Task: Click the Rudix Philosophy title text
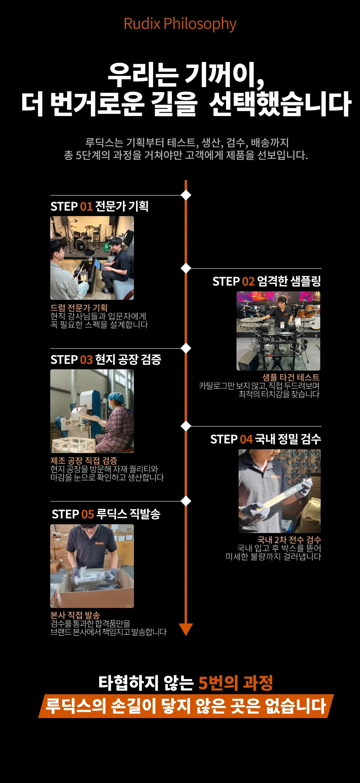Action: pos(180,24)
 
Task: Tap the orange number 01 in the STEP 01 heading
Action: pos(86,206)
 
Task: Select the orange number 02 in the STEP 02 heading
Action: pos(248,281)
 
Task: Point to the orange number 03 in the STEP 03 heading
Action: pos(86,360)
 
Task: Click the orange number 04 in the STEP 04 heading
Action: pos(246,439)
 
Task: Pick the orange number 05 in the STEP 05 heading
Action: pos(87,514)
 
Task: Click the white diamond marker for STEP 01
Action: pos(186,195)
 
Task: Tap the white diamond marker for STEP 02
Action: pos(186,268)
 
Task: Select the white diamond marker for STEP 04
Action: pos(186,426)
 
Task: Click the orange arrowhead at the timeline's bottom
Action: pos(186,629)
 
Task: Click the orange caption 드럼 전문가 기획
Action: pos(79,308)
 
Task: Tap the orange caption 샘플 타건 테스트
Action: pos(291,377)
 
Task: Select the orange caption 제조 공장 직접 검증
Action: pos(84,461)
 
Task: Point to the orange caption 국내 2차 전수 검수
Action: pos(289,540)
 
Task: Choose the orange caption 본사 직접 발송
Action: pos(75,615)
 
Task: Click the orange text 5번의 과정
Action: pos(236,683)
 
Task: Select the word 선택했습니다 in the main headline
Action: pos(280,104)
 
